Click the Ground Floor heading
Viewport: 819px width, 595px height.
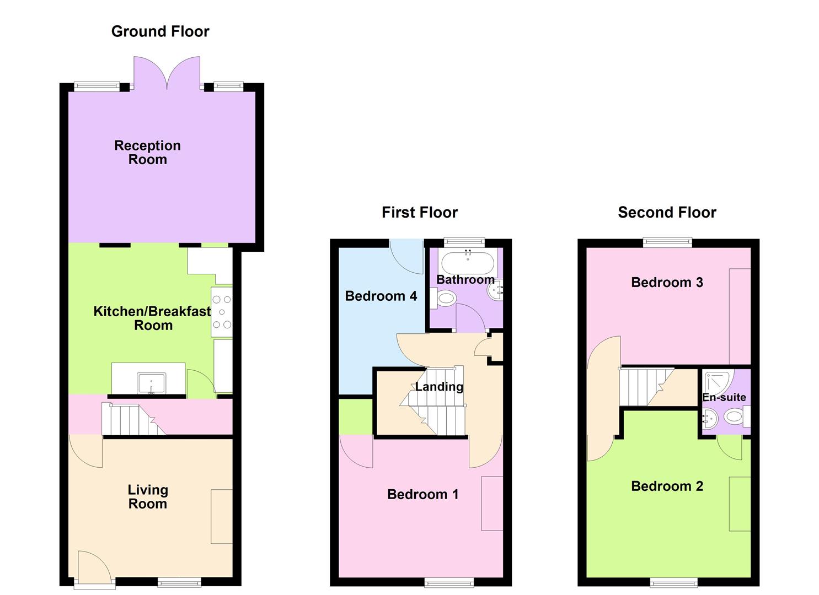tap(160, 31)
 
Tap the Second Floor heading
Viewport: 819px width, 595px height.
tap(667, 213)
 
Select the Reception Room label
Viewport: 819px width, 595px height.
tap(147, 153)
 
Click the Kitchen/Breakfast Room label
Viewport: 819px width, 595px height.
tap(152, 318)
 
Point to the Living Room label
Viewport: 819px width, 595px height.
tap(147, 496)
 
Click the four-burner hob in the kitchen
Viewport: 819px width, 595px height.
tap(222, 312)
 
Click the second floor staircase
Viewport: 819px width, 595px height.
tap(645, 387)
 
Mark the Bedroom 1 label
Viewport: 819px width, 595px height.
tap(422, 494)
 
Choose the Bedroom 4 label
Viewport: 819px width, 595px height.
tap(381, 296)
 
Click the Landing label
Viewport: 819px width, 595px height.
tap(439, 387)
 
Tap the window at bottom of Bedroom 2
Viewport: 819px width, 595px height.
tap(673, 582)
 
